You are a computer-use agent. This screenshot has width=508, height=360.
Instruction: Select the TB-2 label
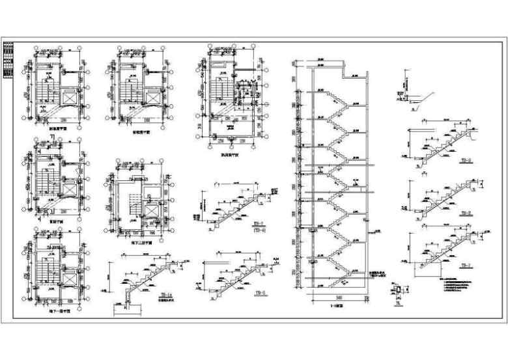(x=465, y=213)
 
